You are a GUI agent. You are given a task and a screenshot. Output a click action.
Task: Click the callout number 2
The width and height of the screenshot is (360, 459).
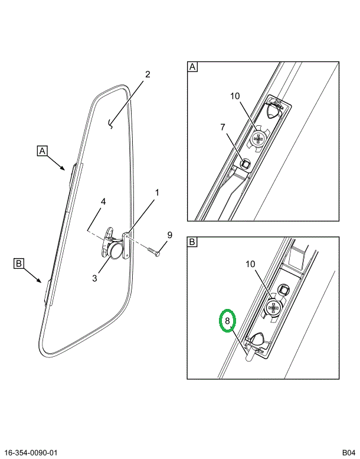[148, 74]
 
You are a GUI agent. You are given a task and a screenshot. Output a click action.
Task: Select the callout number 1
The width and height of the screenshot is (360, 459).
[157, 193]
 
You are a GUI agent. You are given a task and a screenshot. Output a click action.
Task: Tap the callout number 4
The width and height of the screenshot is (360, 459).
[103, 201]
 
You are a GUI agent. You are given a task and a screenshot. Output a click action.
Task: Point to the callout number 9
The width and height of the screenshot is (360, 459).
[169, 235]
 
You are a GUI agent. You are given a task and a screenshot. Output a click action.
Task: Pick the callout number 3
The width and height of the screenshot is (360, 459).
[94, 278]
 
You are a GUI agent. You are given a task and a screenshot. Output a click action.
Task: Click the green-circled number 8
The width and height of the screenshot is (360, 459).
[228, 321]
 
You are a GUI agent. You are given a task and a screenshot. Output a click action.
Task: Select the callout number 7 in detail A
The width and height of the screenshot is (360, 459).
[223, 127]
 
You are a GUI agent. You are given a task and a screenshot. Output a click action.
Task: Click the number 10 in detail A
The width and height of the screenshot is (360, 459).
[235, 96]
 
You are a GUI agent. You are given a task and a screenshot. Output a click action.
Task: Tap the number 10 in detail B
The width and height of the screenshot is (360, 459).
[250, 264]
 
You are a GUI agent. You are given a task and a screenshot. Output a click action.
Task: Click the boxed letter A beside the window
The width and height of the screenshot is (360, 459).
[42, 151]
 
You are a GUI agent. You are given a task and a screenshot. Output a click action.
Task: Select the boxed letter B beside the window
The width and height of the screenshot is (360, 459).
[19, 263]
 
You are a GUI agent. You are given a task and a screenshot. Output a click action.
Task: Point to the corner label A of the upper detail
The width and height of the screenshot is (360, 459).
[192, 67]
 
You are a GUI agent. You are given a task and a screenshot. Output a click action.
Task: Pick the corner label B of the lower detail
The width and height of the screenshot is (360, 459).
[192, 242]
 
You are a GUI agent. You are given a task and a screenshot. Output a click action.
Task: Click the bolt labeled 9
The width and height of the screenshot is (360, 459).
[154, 252]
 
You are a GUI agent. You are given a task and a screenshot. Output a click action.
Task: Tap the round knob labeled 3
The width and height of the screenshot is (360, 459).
[114, 251]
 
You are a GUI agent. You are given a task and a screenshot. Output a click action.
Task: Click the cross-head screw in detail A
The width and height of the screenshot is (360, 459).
[258, 138]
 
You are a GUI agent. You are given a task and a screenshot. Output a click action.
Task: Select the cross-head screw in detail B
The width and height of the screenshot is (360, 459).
[273, 307]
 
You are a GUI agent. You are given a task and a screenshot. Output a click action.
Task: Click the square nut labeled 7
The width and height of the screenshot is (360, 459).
[245, 164]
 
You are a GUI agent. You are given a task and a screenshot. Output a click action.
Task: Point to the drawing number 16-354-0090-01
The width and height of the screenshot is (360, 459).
[31, 453]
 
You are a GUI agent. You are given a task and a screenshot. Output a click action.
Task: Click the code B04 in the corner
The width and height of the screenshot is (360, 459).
[349, 453]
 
